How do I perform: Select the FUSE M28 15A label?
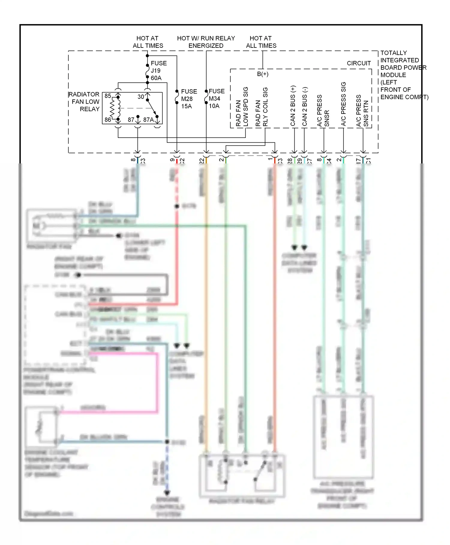188,99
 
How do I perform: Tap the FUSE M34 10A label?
216,99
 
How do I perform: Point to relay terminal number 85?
108,96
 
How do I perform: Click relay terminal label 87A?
148,120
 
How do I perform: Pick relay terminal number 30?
141,97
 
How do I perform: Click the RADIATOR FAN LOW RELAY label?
85,102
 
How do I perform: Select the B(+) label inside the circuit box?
262,74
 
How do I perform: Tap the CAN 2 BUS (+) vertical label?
293,106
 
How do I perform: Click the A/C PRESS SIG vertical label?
343,104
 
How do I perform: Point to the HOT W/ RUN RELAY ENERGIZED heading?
206,42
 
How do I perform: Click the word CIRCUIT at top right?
359,63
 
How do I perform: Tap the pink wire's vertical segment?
157,383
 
